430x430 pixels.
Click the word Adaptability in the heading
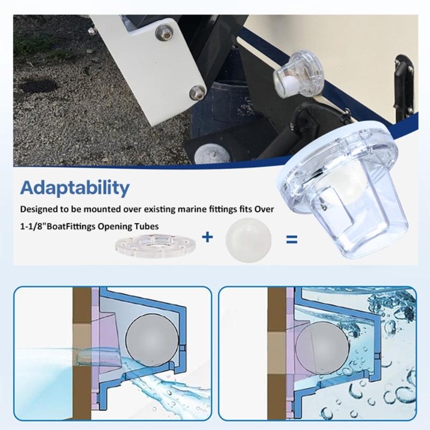[75, 189]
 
